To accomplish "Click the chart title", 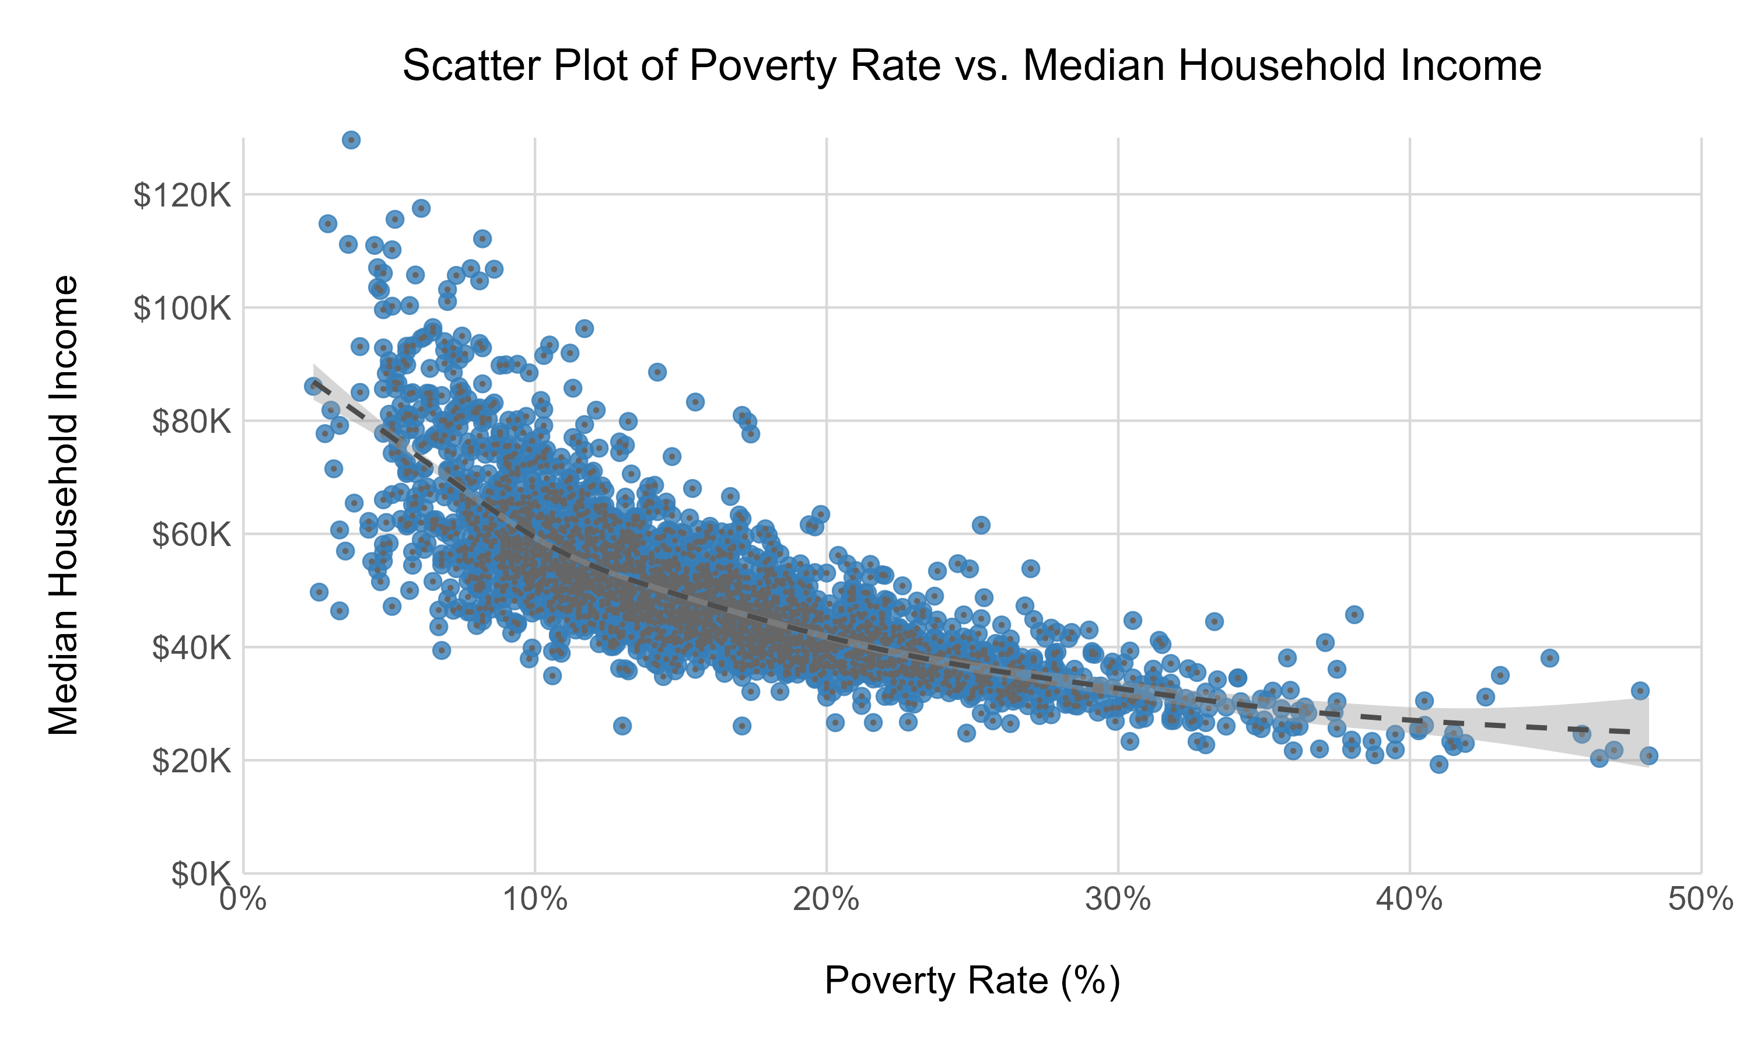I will point(972,66).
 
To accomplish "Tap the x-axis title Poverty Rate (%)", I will point(972,981).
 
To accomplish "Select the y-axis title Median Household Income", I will point(64,505).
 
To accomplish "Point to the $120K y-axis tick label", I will point(183,195).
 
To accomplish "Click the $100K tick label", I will point(183,309).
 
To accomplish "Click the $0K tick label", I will point(201,874).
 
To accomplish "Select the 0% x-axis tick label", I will point(243,900).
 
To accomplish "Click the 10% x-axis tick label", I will point(535,900).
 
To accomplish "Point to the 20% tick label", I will point(826,900).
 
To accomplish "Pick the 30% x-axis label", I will point(1118,900).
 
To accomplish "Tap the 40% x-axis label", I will point(1410,900).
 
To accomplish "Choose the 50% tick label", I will point(1700,900).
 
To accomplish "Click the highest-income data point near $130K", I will point(351,140).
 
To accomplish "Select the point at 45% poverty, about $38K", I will point(1550,658).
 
